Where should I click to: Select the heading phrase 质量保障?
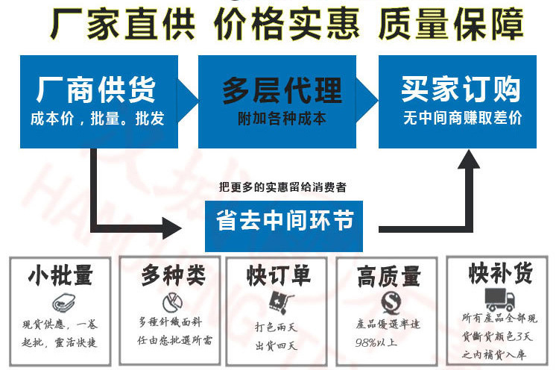click(450, 25)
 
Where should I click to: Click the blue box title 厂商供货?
click(96, 90)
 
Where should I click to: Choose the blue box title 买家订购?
click(461, 90)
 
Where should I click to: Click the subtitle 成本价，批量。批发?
click(96, 119)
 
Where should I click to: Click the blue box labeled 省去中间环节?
click(284, 222)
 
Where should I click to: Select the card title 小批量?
click(60, 275)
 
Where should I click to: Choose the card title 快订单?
click(279, 275)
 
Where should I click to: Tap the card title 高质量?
click(388, 277)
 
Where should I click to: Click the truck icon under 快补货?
click(499, 299)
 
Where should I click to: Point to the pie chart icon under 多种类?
click(172, 302)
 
